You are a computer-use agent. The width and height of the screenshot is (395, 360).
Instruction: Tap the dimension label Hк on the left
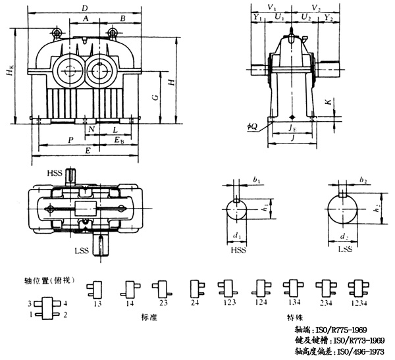pos(9,76)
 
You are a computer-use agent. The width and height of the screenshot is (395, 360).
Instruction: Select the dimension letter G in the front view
pos(153,97)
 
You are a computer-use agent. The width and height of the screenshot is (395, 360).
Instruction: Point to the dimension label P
pos(70,140)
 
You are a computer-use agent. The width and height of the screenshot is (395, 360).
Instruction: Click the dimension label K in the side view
pos(327,103)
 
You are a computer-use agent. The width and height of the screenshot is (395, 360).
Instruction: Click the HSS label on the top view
pos(56,172)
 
